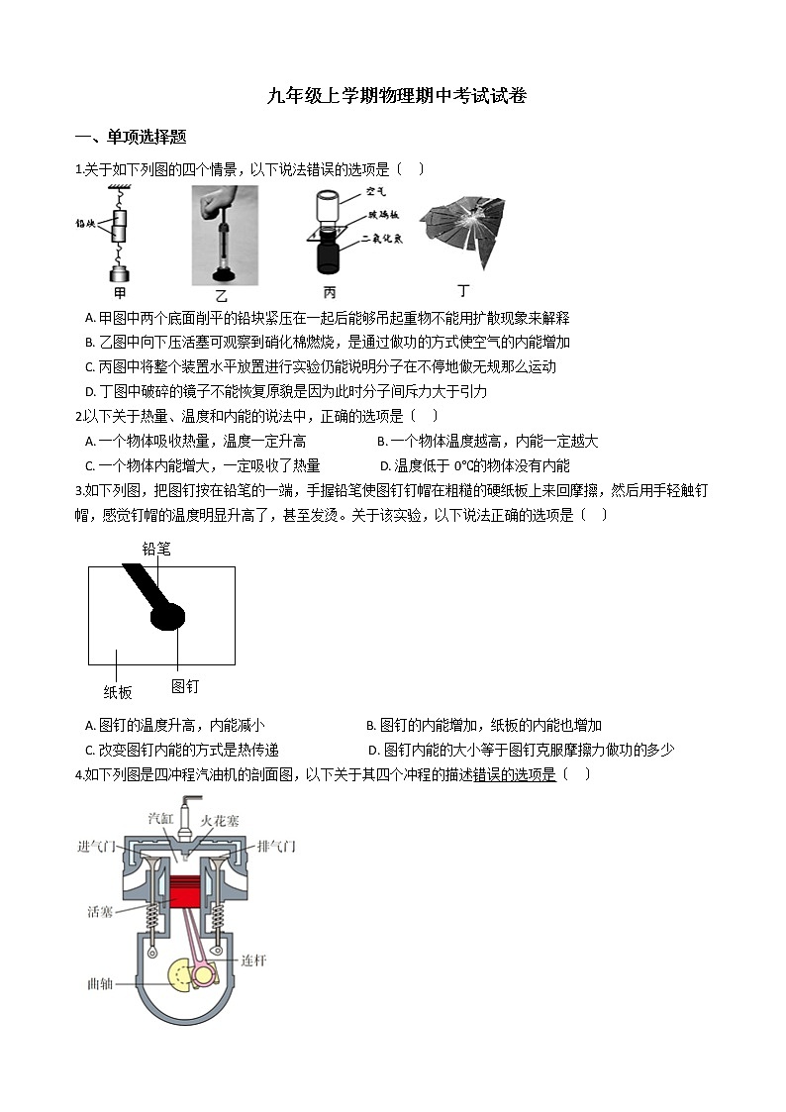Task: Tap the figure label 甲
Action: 120,292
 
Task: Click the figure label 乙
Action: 222,295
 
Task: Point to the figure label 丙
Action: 329,293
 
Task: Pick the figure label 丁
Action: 463,291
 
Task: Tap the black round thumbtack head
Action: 167,617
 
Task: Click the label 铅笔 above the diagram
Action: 155,548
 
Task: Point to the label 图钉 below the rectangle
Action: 185,685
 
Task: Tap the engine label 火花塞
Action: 220,820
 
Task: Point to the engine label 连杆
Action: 253,960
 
